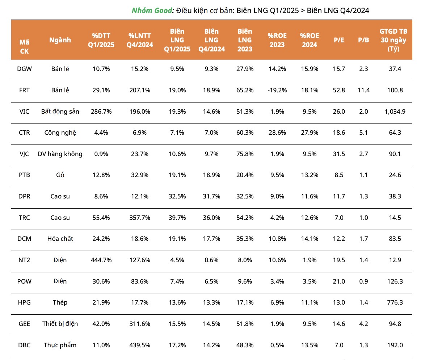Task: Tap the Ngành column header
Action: [60, 40]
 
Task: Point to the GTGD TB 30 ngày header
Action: [393, 40]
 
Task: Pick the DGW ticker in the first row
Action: [24, 69]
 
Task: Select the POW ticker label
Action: [24, 281]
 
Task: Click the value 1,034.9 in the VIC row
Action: [393, 112]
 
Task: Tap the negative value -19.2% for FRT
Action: [277, 90]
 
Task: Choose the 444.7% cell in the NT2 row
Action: [101, 260]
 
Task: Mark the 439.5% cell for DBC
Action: [139, 345]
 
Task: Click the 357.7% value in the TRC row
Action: [139, 218]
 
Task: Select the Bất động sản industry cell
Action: [60, 112]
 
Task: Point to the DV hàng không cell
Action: [60, 154]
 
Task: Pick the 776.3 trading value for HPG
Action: [393, 302]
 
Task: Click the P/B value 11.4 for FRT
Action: [363, 90]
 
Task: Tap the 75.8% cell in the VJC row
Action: [245, 154]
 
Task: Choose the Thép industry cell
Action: [60, 302]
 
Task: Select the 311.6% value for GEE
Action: [139, 324]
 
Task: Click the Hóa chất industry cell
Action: [60, 239]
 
